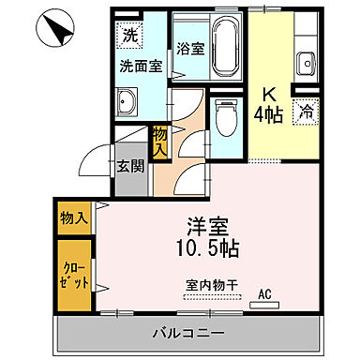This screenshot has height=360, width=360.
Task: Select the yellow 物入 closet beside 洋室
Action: pyautogui.click(x=73, y=218)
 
